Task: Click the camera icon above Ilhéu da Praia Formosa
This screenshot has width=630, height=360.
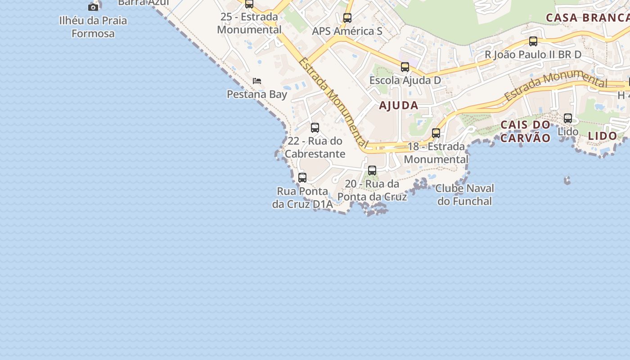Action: (93, 7)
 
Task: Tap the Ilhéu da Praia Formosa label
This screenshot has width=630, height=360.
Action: (93, 27)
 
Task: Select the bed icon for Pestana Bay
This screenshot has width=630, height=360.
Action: (257, 81)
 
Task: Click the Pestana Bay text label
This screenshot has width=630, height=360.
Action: (257, 94)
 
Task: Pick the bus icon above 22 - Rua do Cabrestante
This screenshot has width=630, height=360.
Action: (315, 127)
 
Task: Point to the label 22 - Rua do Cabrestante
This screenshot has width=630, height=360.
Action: (315, 147)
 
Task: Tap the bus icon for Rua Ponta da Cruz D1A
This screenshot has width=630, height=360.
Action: (302, 177)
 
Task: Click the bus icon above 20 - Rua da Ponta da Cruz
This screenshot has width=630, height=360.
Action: (372, 171)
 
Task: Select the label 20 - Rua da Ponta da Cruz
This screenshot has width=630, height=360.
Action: (372, 190)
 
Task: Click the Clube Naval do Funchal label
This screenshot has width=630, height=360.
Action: (464, 194)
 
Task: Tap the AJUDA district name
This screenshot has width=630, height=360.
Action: (399, 106)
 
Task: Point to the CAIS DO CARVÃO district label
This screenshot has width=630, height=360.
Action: (526, 131)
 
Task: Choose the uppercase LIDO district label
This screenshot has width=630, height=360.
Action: (603, 136)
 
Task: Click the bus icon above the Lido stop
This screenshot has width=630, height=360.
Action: (568, 118)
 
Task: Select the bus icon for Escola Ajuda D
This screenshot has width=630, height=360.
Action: (405, 67)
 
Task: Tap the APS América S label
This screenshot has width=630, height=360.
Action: (347, 31)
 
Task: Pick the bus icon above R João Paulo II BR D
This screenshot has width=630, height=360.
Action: (533, 41)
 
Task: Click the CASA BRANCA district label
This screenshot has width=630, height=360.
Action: (587, 18)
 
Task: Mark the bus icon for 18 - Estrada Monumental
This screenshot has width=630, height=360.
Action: (436, 133)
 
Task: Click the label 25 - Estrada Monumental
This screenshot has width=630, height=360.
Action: (249, 23)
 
